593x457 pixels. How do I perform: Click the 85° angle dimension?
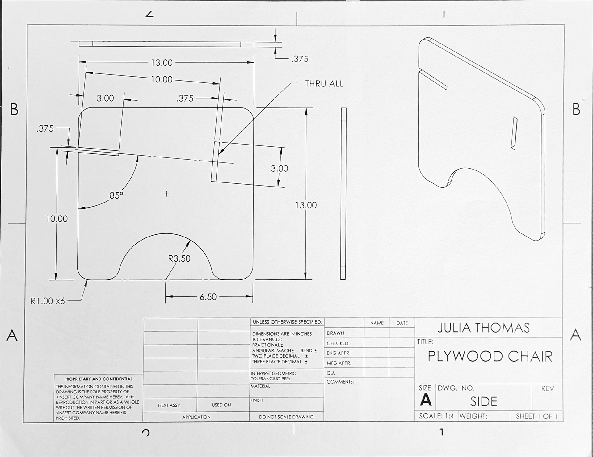coord(116,195)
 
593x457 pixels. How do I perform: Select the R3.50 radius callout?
coord(179,258)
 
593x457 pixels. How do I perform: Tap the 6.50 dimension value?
coord(208,297)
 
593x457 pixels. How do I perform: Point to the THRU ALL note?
coord(324,84)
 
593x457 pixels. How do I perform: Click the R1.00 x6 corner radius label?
coord(48,301)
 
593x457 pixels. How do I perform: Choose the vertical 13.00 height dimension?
coord(306,205)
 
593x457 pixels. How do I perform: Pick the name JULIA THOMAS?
coord(483,328)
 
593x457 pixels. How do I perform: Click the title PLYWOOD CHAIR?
coord(490,356)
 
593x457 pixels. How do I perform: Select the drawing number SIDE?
coord(483,401)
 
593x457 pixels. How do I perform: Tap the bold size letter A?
coord(426,400)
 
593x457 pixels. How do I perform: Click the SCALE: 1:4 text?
coord(436,416)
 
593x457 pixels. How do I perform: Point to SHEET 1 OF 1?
coord(536,416)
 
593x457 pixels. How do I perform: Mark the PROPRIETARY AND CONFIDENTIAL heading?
coord(98,379)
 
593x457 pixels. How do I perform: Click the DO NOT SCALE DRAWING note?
coord(286,417)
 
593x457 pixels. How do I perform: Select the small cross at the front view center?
coord(166,194)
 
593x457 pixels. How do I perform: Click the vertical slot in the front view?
coord(215,162)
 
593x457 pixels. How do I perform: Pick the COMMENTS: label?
coord(340,382)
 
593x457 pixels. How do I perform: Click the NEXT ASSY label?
coord(169,405)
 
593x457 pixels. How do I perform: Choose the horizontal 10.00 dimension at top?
coord(162,80)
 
